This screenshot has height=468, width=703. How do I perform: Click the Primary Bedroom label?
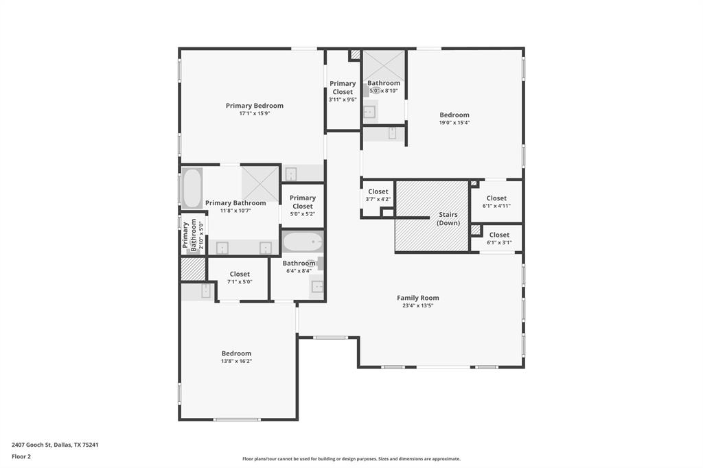pos(254,106)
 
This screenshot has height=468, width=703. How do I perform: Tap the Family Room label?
pos(418,298)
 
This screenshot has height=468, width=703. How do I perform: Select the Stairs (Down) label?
pos(448,219)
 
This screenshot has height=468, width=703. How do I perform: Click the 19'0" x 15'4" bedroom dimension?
pos(454,122)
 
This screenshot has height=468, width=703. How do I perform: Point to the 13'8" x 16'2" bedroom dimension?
pos(236,361)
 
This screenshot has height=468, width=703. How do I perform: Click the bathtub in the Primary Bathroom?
pos(192,188)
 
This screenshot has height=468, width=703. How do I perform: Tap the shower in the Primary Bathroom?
pos(260,183)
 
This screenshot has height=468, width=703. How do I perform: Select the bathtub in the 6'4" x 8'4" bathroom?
pos(303,242)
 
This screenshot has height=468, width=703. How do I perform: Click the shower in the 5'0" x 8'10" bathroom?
pos(383,65)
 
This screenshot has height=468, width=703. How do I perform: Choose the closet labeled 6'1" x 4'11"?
pos(496,201)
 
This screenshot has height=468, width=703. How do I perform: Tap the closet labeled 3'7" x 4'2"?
pos(378,196)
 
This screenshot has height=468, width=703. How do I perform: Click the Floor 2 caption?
pos(21,457)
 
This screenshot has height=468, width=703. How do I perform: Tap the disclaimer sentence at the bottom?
pos(351,459)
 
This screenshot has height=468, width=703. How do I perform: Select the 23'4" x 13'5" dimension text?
pos(418,306)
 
